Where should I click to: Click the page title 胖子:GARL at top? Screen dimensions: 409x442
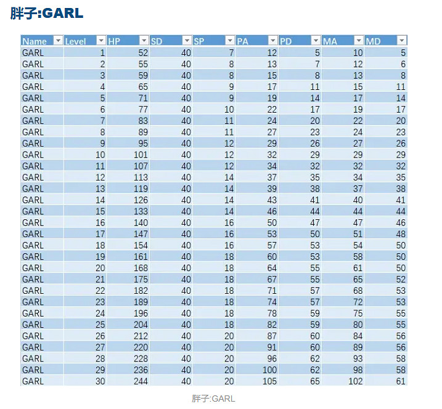pyautogui.click(x=47, y=13)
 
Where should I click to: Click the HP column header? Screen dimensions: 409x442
pyautogui.click(x=115, y=41)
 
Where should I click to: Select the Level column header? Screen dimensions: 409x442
pyautogui.click(x=76, y=41)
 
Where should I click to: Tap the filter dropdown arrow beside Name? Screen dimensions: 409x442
pyautogui.click(x=58, y=41)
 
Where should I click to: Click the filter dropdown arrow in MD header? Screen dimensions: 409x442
pyautogui.click(x=401, y=41)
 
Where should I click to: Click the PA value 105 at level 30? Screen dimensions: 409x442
pyautogui.click(x=269, y=381)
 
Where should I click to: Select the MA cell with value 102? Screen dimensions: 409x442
pyautogui.click(x=354, y=381)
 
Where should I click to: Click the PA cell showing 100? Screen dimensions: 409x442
pyautogui.click(x=269, y=370)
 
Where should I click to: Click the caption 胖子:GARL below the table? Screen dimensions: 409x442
pyautogui.click(x=213, y=399)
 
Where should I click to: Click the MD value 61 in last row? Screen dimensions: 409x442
pyautogui.click(x=401, y=381)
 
